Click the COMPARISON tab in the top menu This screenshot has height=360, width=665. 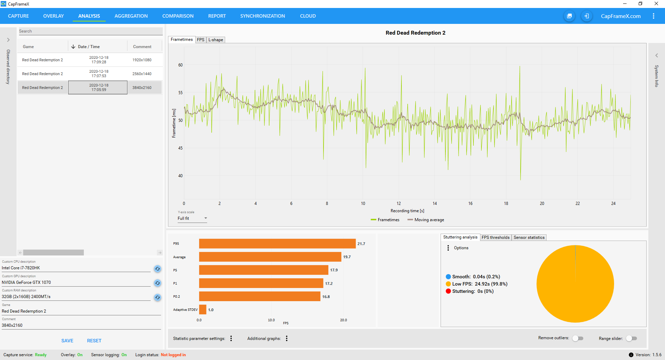[x=178, y=16]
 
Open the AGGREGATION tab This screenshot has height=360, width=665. [x=131, y=16]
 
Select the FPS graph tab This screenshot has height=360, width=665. [x=201, y=40]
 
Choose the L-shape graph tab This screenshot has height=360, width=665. [x=215, y=40]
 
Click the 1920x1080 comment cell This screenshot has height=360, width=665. [x=142, y=60]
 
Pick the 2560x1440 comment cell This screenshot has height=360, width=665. [x=142, y=74]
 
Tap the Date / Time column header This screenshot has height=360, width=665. [x=89, y=47]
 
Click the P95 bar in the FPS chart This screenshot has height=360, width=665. [x=277, y=244]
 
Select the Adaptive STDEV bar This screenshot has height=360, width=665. [x=203, y=309]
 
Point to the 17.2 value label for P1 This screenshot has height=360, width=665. [x=329, y=283]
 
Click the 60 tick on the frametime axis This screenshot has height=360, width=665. [x=180, y=65]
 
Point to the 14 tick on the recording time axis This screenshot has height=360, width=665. [x=435, y=204]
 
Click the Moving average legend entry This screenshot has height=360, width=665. [x=426, y=220]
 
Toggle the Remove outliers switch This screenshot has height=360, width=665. [x=578, y=338]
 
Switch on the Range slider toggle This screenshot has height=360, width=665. [x=631, y=338]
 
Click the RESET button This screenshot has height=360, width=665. [x=94, y=341]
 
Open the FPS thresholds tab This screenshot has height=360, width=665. [x=496, y=237]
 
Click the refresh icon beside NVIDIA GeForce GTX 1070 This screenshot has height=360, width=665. [x=158, y=283]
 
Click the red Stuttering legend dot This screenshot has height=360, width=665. [x=448, y=291]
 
